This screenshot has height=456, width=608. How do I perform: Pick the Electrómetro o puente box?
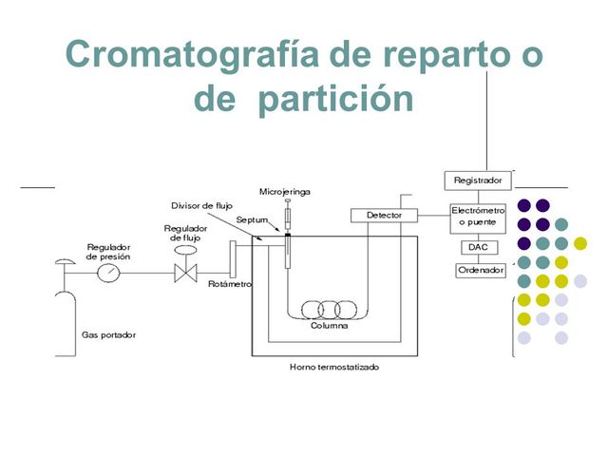tap(478, 216)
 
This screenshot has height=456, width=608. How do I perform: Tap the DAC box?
tap(477, 247)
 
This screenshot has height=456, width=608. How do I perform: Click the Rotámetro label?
tap(228, 283)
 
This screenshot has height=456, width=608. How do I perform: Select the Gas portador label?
tap(107, 335)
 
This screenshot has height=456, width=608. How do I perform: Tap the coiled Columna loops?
tap(328, 311)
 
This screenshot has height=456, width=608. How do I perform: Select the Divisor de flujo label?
tap(202, 205)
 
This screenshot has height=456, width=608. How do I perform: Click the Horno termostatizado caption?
tap(327, 367)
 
